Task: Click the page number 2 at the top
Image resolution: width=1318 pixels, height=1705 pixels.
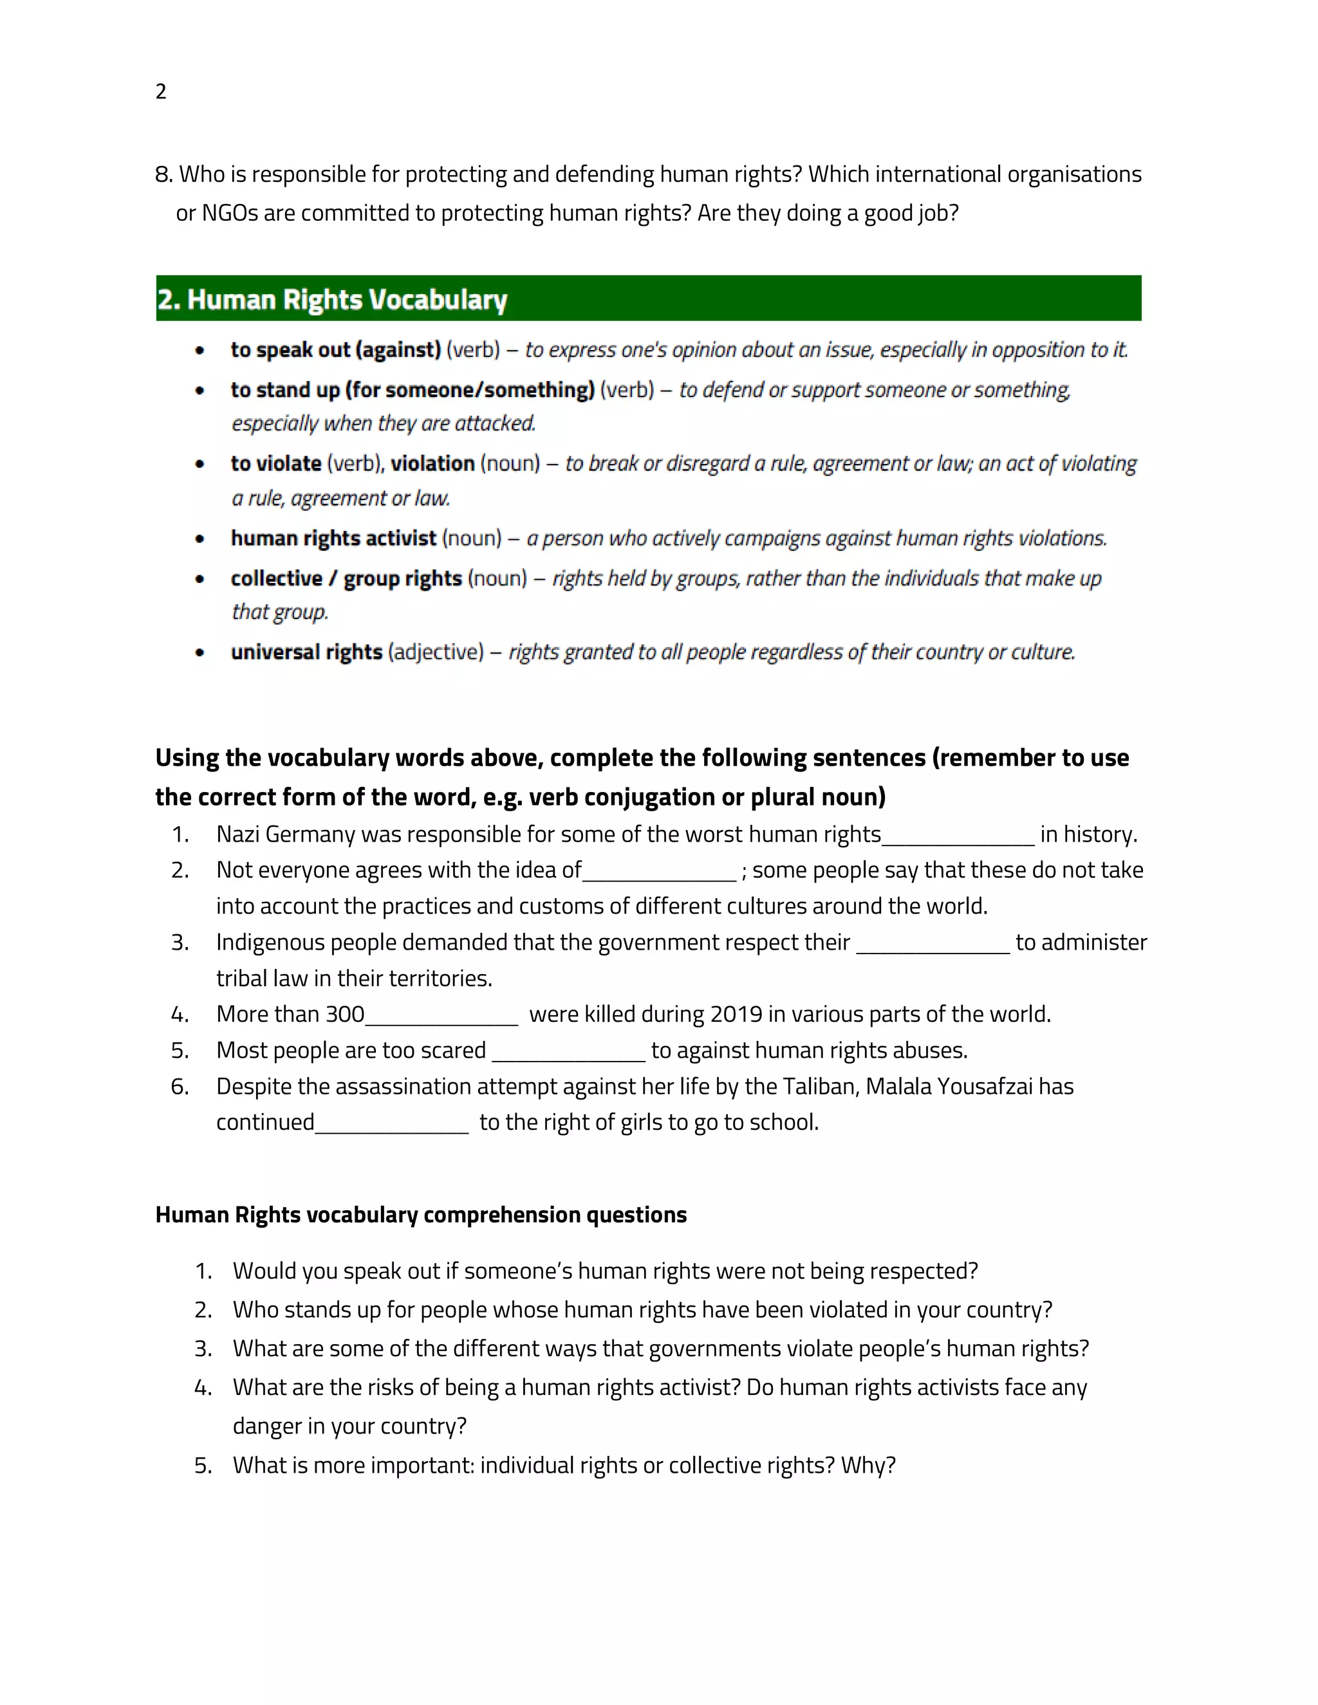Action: tap(161, 91)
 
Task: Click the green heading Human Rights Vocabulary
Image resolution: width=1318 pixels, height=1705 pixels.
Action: tap(332, 299)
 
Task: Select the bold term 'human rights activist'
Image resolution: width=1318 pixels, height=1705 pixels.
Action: tap(333, 538)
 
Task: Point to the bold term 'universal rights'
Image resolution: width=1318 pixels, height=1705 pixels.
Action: tap(306, 652)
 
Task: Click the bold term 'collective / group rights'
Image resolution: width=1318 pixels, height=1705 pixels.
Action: tap(346, 578)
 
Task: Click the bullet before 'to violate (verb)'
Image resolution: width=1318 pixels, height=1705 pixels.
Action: tap(201, 464)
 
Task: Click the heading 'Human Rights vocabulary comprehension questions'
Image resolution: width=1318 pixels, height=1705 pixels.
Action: tap(421, 1215)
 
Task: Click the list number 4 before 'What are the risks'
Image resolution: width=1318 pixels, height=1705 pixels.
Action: tap(203, 1387)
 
